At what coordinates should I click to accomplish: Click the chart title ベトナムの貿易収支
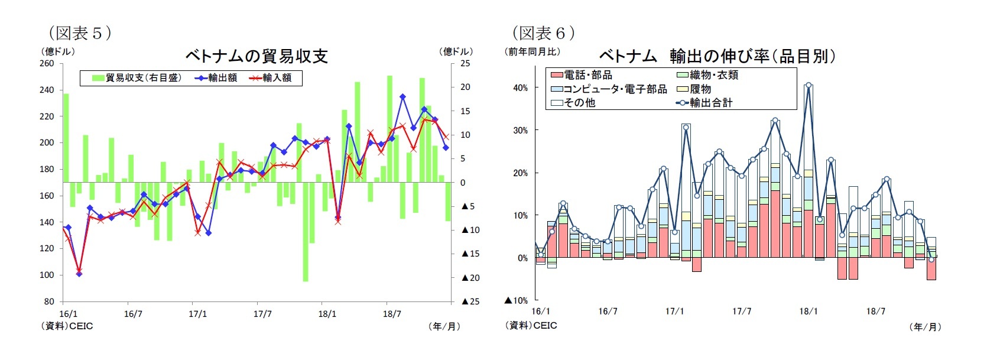[x=257, y=56]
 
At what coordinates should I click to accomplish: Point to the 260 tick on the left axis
[x=47, y=63]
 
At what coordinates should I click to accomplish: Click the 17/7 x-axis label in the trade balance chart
[x=262, y=314]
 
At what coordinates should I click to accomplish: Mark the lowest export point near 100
[x=79, y=274]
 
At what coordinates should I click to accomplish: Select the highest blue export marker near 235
[x=402, y=96]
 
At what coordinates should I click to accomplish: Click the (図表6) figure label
[x=543, y=33]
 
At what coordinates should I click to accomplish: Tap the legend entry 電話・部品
[x=582, y=75]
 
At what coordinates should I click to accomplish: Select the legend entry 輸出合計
[x=704, y=103]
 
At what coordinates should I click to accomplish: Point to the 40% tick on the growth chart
[x=520, y=87]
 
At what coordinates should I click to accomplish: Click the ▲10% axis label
[x=515, y=300]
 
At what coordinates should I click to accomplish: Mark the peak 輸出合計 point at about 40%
[x=809, y=85]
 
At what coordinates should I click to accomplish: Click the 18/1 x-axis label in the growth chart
[x=809, y=312]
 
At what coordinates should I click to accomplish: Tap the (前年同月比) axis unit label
[x=533, y=51]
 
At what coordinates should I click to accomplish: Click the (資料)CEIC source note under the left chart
[x=67, y=326]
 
